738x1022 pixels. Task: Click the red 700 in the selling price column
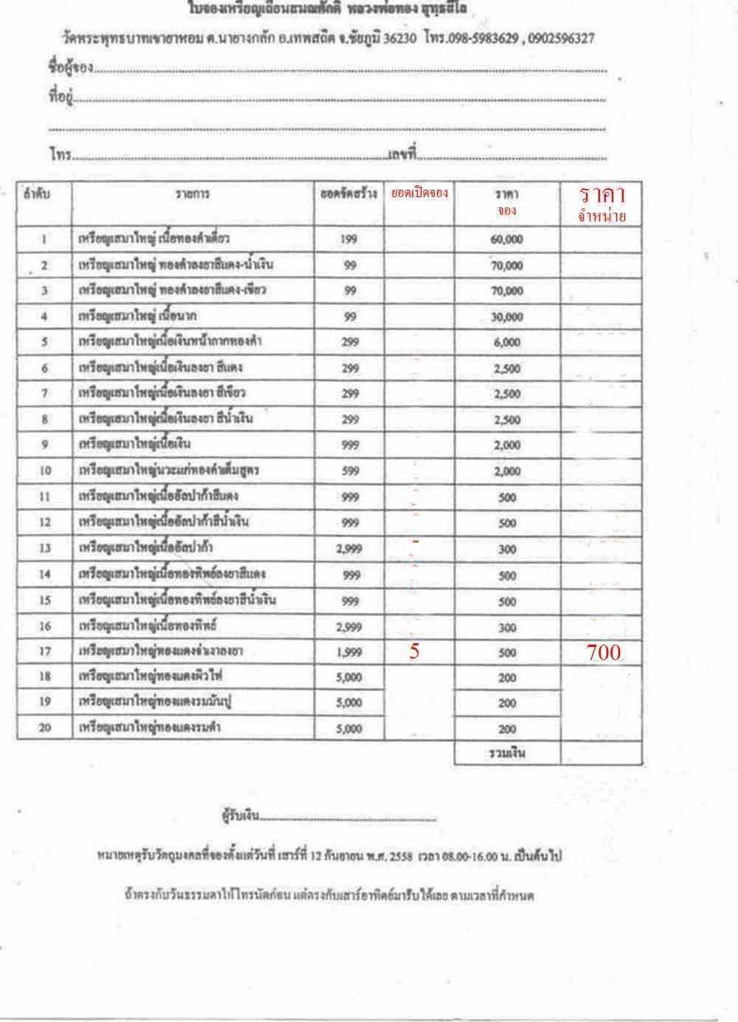click(x=604, y=652)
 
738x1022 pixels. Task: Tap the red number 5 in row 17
click(x=414, y=651)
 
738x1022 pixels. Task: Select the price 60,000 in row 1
click(x=506, y=239)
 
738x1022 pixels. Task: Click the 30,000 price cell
click(x=506, y=317)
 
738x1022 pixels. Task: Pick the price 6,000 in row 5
click(x=506, y=343)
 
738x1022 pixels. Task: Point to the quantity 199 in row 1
click(x=349, y=239)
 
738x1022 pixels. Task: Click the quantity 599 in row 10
click(x=349, y=471)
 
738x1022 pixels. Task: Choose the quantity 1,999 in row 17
click(x=349, y=651)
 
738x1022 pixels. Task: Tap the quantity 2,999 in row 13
click(x=349, y=549)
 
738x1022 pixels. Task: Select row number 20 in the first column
click(x=44, y=728)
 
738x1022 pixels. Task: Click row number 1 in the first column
click(x=44, y=239)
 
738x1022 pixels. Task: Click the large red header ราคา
click(x=602, y=195)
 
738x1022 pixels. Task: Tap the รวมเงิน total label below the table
click(x=506, y=753)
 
